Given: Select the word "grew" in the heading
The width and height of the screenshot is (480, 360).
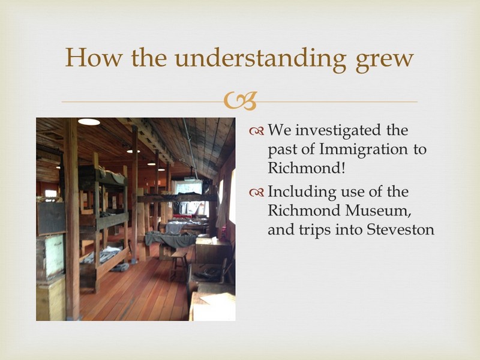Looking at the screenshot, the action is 385,61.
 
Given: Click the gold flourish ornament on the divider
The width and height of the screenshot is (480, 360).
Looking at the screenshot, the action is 240,101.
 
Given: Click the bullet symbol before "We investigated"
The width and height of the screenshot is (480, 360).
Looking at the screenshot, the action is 257,131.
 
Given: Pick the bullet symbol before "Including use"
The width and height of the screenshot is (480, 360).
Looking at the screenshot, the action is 257,193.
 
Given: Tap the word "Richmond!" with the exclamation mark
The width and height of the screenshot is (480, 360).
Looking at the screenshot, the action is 307,167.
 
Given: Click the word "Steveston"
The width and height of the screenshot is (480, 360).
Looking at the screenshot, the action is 400,229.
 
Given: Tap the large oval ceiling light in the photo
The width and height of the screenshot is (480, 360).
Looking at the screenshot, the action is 89,122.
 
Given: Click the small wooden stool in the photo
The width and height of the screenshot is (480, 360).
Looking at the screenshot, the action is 178,263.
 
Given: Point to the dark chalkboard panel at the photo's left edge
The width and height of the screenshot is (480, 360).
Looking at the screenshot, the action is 51,218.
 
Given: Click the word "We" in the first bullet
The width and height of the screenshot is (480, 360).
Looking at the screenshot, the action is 280,130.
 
